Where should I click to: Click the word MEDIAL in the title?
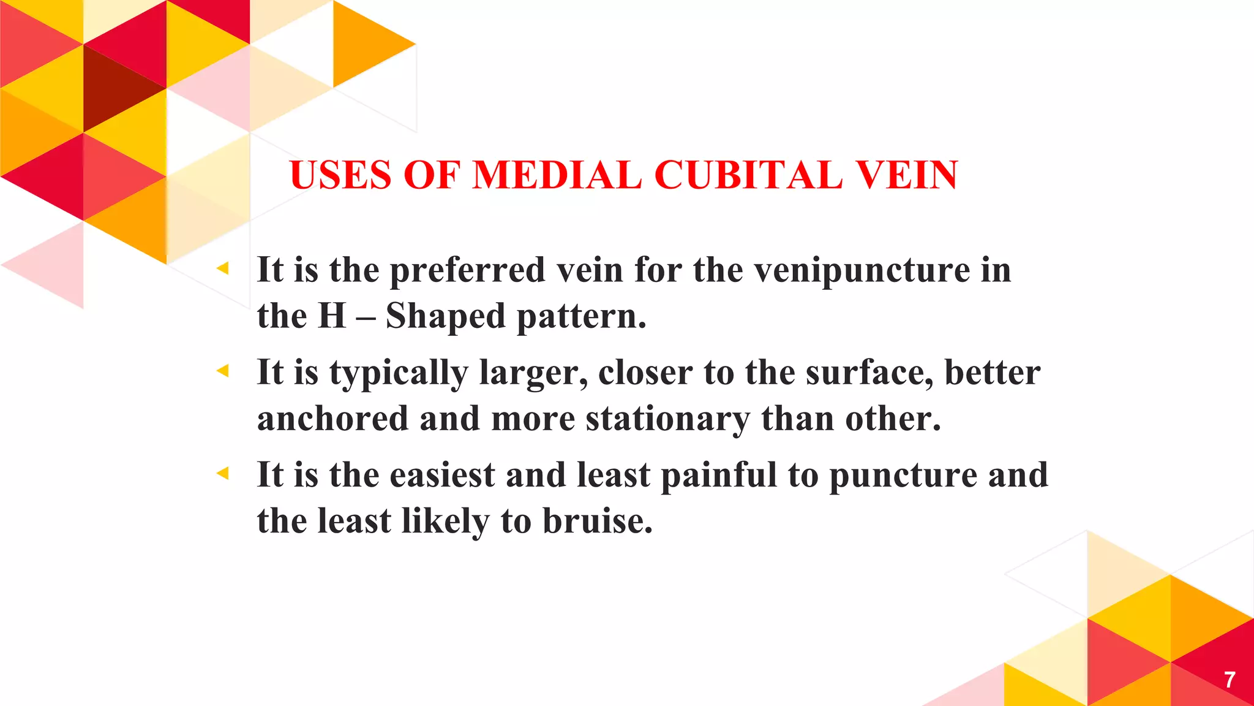tap(557, 175)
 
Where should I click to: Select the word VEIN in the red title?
tap(907, 175)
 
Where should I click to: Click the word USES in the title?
tap(340, 175)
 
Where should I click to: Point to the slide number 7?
tap(1230, 680)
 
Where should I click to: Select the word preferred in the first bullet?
tap(467, 270)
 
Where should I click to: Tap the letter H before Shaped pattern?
tap(332, 316)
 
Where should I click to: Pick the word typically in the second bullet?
tap(399, 373)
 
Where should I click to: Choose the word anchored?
tap(332, 419)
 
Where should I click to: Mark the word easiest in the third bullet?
tap(442, 475)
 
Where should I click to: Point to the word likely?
tap(445, 522)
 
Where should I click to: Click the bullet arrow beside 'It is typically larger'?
tap(223, 370)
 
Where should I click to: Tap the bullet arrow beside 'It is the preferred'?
tap(223, 268)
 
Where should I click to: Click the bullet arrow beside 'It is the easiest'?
tap(223, 473)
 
